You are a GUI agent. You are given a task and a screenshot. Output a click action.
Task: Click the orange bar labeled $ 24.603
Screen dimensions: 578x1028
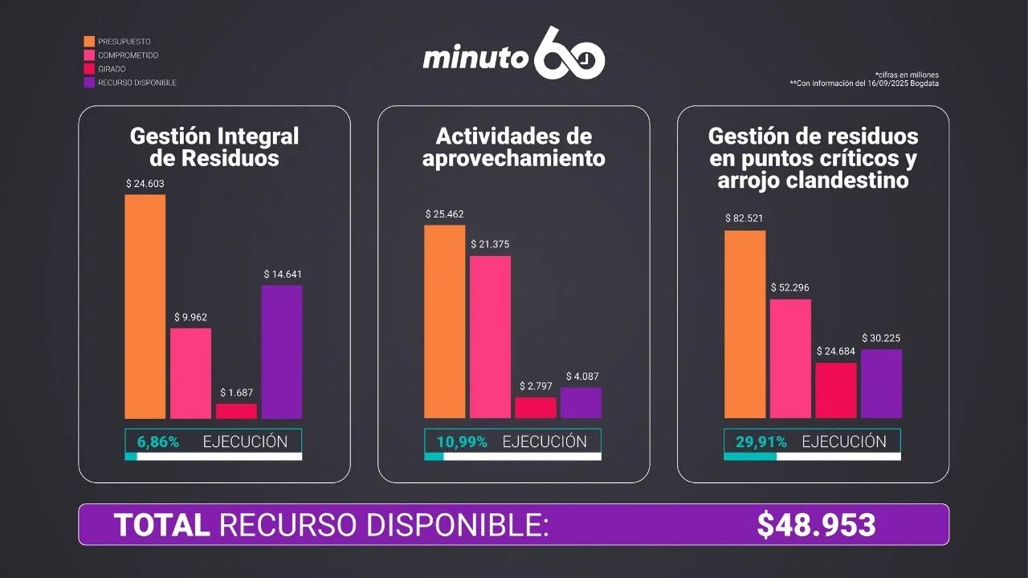pos(145,306)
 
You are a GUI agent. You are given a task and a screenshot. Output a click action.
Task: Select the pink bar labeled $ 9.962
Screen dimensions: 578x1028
pos(190,373)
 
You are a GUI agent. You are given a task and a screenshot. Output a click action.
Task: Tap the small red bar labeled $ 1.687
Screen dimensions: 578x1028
pos(236,411)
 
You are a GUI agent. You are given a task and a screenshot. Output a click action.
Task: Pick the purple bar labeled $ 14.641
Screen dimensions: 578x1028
pos(282,352)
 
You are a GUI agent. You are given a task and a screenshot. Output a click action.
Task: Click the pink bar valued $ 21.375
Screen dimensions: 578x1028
pos(490,337)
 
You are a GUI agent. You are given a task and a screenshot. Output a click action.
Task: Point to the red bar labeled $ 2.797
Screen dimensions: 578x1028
pos(536,408)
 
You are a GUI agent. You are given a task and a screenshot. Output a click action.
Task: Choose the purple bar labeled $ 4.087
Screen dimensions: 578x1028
pos(581,403)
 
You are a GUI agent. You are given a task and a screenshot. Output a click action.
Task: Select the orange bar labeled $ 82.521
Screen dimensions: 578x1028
pos(744,324)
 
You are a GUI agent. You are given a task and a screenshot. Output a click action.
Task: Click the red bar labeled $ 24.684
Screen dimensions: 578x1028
pos(836,390)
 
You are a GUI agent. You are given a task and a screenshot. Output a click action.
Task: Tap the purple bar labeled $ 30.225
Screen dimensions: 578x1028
pos(881,384)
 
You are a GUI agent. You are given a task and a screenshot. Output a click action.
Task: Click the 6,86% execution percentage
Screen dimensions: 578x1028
pos(158,442)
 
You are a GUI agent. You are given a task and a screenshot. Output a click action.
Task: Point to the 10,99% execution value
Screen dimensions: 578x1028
pos(462,442)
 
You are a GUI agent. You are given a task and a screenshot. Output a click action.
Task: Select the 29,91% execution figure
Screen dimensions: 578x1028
pos(761,442)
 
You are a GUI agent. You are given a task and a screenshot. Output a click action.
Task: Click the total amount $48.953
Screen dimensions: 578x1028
pos(816,525)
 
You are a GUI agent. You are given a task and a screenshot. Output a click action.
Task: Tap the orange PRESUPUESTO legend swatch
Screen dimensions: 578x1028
pos(89,41)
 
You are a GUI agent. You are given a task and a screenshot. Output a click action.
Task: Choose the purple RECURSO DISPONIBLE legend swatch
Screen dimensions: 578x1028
pos(89,83)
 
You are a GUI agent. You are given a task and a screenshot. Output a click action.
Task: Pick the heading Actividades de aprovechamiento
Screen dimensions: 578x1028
pos(514,146)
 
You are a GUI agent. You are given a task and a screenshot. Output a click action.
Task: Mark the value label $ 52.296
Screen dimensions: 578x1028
pos(790,287)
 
